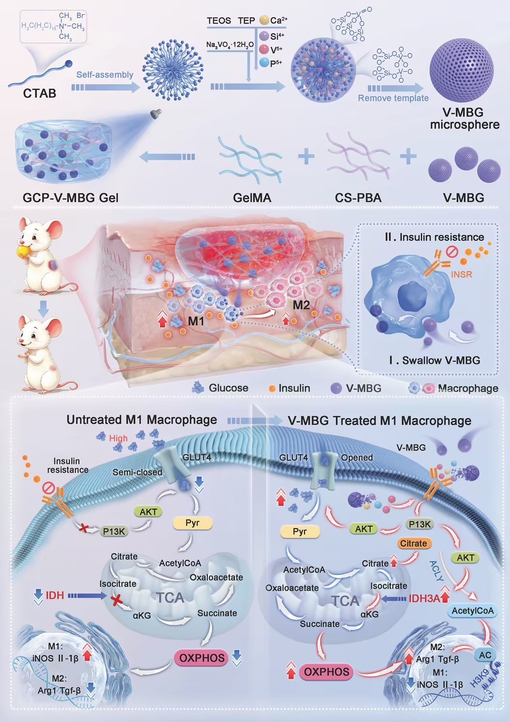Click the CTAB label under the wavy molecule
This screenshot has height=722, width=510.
click(x=40, y=94)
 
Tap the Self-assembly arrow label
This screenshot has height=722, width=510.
click(x=105, y=75)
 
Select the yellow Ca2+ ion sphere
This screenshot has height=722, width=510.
click(x=264, y=20)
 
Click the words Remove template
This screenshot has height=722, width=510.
click(x=393, y=98)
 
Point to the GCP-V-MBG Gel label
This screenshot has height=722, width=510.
click(x=71, y=198)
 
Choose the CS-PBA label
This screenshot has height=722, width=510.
click(x=358, y=198)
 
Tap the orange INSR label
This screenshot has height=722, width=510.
click(x=462, y=275)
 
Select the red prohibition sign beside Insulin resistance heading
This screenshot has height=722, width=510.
click(x=452, y=252)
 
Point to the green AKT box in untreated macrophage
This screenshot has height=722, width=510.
click(x=149, y=512)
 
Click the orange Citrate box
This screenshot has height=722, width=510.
click(x=413, y=543)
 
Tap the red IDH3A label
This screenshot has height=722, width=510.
click(x=424, y=598)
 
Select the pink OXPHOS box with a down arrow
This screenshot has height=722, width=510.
click(x=201, y=658)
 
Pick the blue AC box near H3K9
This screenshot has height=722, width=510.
click(x=485, y=655)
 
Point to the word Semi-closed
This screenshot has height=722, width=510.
click(x=137, y=472)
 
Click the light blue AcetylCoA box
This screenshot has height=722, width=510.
click(x=473, y=611)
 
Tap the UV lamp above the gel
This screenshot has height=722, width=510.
click(x=156, y=113)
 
